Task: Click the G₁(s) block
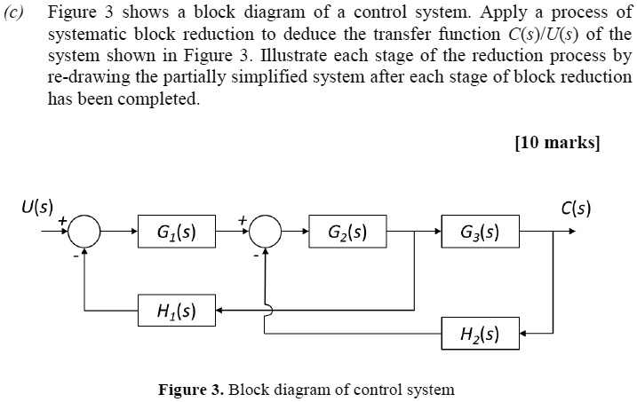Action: point(176,234)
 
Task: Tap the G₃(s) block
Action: point(480,234)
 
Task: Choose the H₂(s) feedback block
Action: point(480,335)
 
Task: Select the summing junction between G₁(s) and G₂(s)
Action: point(265,234)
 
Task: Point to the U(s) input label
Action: point(36,209)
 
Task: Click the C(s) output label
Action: point(577,209)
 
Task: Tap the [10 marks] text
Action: point(557,142)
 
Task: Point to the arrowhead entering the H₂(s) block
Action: point(524,335)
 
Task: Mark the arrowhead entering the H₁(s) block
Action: point(221,311)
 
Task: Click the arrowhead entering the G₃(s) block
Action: point(436,234)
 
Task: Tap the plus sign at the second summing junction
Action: point(242,219)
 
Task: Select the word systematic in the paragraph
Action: point(88,35)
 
